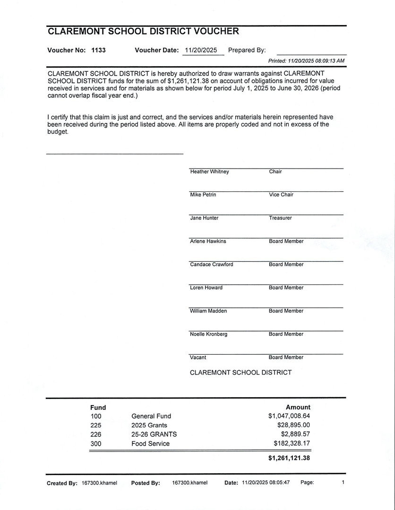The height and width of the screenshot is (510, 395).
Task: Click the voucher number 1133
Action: point(98,50)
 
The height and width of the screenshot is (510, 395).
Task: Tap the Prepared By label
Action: point(247,50)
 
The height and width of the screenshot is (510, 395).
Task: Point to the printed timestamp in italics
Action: point(306,61)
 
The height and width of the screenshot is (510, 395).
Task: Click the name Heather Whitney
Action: point(209,171)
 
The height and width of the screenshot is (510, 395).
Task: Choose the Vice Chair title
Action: point(281,195)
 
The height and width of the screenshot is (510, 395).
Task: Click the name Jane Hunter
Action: point(204,218)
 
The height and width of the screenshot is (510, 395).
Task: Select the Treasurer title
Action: point(280,218)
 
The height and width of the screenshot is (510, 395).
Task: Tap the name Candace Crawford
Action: point(211,264)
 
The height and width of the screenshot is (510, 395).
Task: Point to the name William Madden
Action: point(208,311)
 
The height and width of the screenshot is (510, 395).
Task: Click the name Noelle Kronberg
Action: point(208,334)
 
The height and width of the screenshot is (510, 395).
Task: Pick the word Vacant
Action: point(198,357)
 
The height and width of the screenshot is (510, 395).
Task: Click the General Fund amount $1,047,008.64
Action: point(289,416)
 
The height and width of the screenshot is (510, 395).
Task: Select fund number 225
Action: point(96,425)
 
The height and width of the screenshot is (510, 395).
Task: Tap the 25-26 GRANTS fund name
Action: point(154,434)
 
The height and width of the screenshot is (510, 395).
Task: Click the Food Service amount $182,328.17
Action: point(292,443)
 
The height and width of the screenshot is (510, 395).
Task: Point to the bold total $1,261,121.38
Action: point(289,458)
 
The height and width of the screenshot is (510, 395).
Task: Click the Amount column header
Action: point(298,407)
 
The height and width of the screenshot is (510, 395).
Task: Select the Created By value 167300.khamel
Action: point(99,483)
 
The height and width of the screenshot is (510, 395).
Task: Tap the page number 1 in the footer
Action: point(343,482)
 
